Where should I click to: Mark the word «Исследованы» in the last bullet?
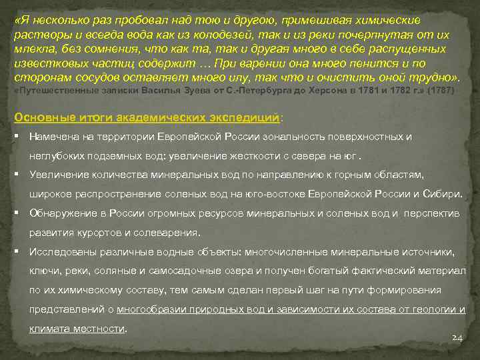61,253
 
